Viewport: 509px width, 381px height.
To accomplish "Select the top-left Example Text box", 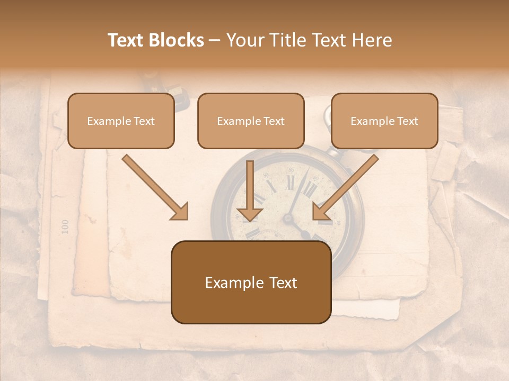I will pyautogui.click(x=121, y=121).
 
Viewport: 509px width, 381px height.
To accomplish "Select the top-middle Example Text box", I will pyautogui.click(x=251, y=121).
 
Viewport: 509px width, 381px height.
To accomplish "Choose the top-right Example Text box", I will pyautogui.click(x=384, y=121).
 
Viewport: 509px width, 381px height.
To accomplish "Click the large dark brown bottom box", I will pyautogui.click(x=251, y=283).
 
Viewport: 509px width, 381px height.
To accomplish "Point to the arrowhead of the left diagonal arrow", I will pyautogui.click(x=180, y=212).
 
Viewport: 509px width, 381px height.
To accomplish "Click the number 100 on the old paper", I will pyautogui.click(x=65, y=226).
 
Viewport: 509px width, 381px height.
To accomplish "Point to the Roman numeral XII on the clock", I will pyautogui.click(x=290, y=182).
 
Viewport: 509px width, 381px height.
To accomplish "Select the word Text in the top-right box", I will pyautogui.click(x=408, y=121).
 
